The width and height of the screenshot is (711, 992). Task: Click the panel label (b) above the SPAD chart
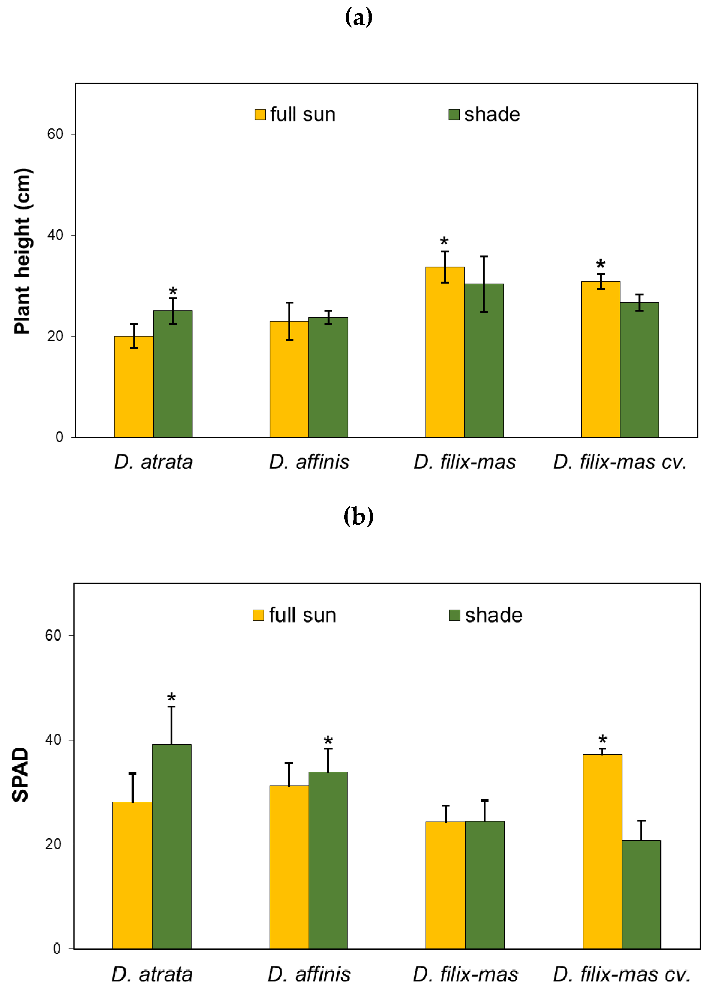(x=358, y=517)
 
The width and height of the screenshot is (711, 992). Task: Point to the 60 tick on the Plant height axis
(x=55, y=134)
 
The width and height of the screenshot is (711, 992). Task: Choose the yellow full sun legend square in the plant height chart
(x=260, y=115)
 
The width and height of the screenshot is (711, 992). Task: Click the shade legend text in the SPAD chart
(x=493, y=615)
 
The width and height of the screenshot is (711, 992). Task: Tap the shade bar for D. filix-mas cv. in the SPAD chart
(x=641, y=894)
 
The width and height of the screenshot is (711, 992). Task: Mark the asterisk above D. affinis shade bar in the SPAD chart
(x=328, y=741)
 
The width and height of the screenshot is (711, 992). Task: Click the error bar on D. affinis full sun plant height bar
(x=289, y=321)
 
